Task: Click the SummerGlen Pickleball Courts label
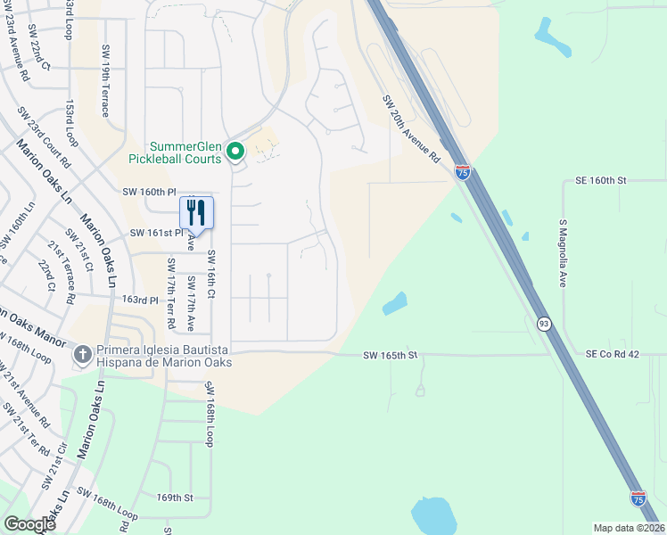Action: click(185, 152)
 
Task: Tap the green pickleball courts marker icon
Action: click(235, 152)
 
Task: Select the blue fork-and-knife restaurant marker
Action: click(197, 212)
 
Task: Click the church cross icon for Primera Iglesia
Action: click(81, 355)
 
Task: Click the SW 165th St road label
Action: click(391, 355)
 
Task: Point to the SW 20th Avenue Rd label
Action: click(411, 128)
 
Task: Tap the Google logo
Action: click(29, 524)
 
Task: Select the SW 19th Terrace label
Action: click(105, 81)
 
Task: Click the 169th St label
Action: click(175, 498)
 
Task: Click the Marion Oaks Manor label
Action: click(32, 327)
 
